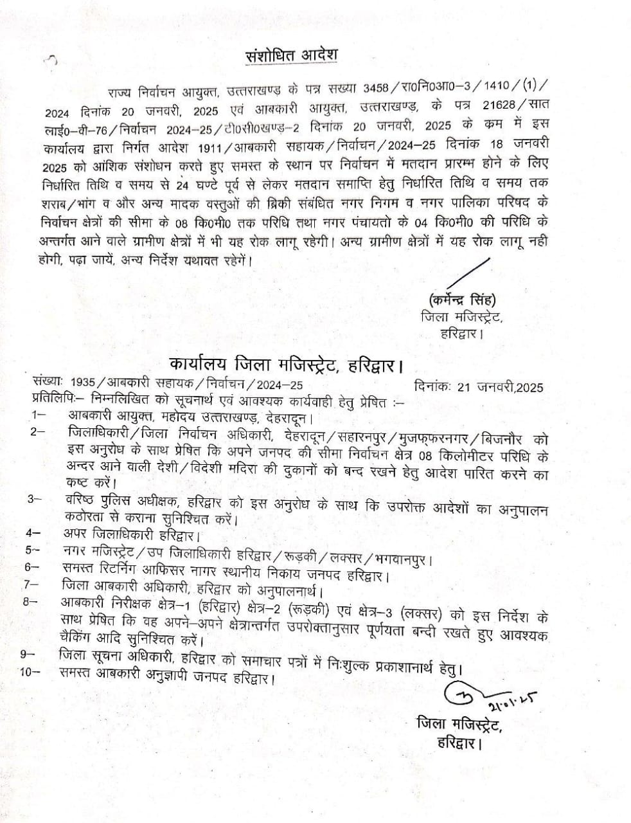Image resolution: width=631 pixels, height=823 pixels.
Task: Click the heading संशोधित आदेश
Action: tap(292, 55)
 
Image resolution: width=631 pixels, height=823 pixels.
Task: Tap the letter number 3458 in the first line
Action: tap(376, 87)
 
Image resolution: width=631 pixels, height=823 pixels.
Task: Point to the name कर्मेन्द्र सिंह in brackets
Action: tap(459, 300)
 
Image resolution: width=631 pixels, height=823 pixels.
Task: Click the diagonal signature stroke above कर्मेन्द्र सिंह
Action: tap(470, 273)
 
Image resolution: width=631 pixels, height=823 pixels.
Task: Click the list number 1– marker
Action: tap(37, 416)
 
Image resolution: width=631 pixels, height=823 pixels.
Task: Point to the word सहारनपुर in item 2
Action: tap(355, 437)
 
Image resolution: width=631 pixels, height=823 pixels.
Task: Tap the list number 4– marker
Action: tap(33, 532)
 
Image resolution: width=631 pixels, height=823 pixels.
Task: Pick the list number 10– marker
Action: tap(30, 673)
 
